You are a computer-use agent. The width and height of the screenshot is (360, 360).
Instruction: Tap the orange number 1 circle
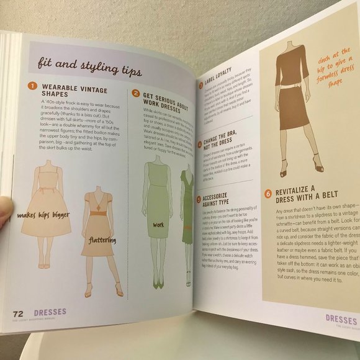(29, 87)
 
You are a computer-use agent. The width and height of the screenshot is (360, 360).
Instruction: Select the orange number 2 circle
(135, 93)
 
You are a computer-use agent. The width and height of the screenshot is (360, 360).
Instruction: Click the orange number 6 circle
(268, 192)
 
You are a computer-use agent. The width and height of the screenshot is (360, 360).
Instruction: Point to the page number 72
(19, 313)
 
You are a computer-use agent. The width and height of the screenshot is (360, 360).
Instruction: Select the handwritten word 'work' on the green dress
(159, 225)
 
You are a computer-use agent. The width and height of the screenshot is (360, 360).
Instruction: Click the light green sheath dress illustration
(157, 210)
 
